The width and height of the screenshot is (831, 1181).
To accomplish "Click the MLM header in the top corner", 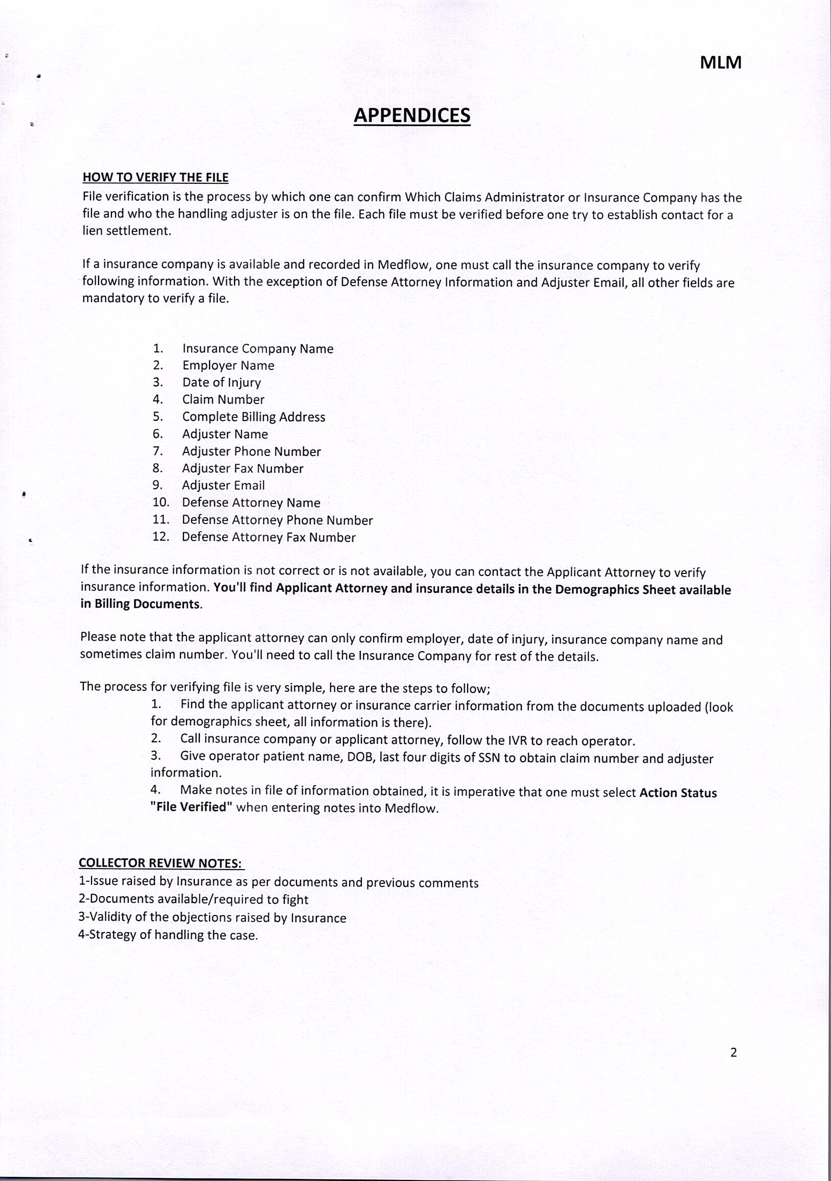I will pyautogui.click(x=721, y=63).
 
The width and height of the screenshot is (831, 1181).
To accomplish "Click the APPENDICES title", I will pyautogui.click(x=412, y=115).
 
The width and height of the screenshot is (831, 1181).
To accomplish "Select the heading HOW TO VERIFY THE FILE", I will pyautogui.click(x=155, y=178).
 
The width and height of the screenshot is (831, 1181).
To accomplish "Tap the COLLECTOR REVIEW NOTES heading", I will pyautogui.click(x=161, y=862).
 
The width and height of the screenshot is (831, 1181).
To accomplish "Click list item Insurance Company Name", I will pyautogui.click(x=258, y=349).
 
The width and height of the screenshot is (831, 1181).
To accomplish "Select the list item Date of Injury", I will pyautogui.click(x=221, y=383).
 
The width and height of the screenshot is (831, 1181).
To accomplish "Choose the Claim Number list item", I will pyautogui.click(x=223, y=400).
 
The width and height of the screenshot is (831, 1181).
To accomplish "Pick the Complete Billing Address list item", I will pyautogui.click(x=253, y=417).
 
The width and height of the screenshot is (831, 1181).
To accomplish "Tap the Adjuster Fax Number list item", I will pyautogui.click(x=243, y=469).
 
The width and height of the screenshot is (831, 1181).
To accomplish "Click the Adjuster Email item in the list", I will pyautogui.click(x=223, y=486).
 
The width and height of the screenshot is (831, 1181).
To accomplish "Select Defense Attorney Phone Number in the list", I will pyautogui.click(x=277, y=520).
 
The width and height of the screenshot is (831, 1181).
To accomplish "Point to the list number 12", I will pyautogui.click(x=160, y=537).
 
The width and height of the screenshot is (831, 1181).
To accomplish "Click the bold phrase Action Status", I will pyautogui.click(x=678, y=792).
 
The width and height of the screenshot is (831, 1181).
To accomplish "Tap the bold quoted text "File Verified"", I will pyautogui.click(x=192, y=807).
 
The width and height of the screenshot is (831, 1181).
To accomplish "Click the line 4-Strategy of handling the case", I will pyautogui.click(x=168, y=935).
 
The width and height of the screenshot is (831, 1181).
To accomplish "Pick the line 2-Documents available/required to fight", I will pyautogui.click(x=193, y=900).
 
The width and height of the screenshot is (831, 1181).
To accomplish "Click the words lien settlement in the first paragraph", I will pyautogui.click(x=126, y=231).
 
